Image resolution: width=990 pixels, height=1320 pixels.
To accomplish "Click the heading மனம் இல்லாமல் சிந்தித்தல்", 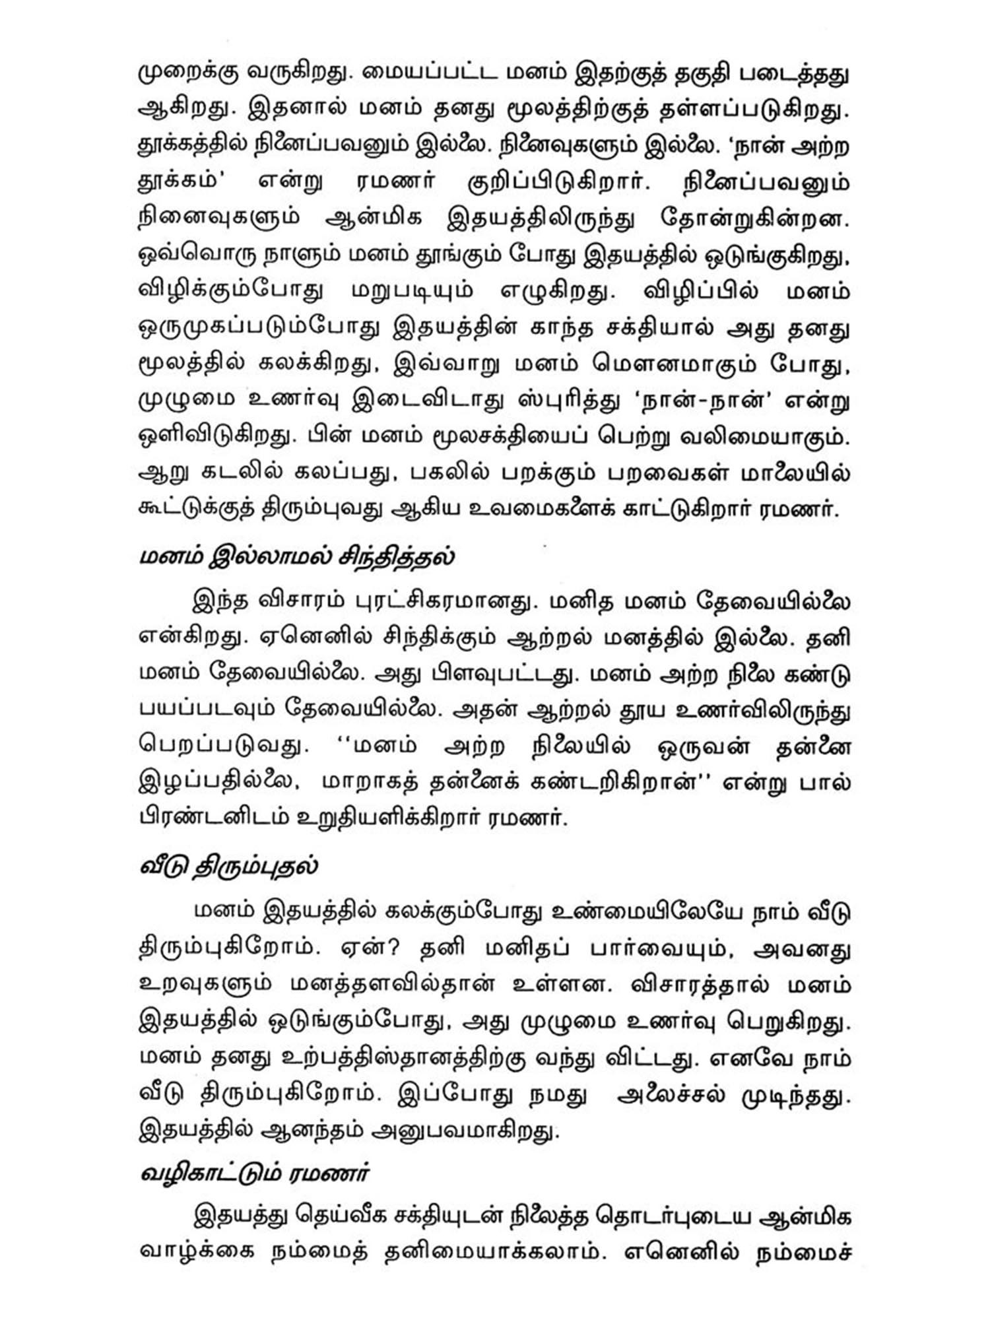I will (x=297, y=556).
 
